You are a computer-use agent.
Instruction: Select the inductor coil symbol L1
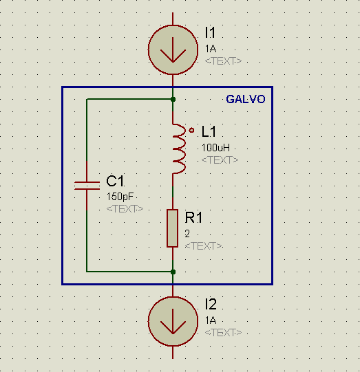point(179,149)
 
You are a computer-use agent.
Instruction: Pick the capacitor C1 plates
point(87,186)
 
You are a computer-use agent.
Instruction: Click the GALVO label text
point(245,99)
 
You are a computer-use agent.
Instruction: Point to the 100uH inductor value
point(215,148)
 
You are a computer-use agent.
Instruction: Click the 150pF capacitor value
point(120,197)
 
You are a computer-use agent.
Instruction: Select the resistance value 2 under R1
point(187,234)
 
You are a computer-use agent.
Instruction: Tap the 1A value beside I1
point(211,49)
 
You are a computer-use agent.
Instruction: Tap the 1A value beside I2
point(211,320)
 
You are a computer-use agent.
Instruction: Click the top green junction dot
point(173,99)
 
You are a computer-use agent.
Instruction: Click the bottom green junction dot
point(173,272)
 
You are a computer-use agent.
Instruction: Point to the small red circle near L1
point(191,130)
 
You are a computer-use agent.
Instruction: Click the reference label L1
point(209,131)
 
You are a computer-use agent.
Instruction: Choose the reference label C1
point(115,181)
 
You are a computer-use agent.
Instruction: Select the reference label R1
point(193,217)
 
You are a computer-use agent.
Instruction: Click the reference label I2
point(211,304)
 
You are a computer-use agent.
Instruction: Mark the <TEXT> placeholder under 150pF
point(125,209)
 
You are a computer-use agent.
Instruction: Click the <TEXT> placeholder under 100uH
point(220,160)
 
